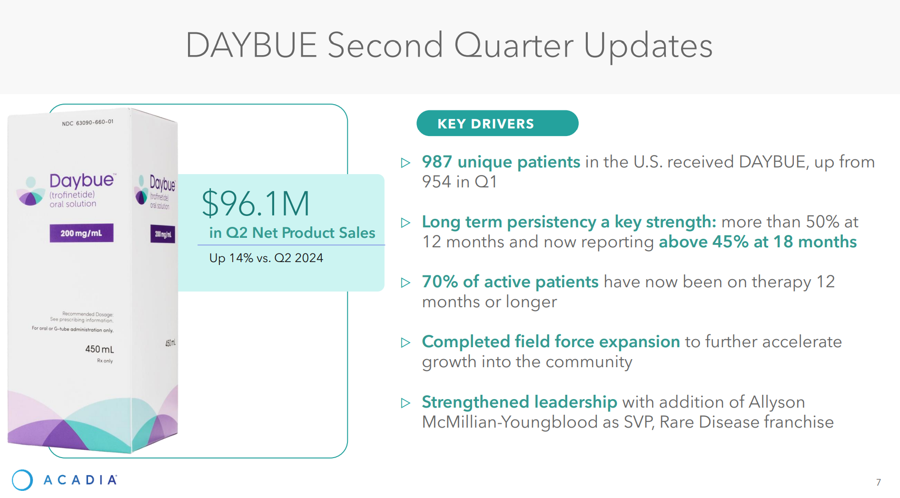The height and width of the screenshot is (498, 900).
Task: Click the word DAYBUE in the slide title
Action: [x=251, y=45]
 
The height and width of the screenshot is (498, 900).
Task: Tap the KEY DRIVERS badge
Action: [x=497, y=123]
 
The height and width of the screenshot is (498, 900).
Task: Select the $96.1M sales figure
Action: [x=256, y=204]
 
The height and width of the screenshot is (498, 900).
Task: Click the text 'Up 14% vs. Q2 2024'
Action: [x=266, y=258]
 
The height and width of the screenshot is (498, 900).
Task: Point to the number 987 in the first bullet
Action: [x=436, y=162]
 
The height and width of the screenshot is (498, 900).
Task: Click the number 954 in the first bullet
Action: [x=436, y=182]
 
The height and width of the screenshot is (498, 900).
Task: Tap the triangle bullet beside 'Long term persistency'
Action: [x=405, y=223]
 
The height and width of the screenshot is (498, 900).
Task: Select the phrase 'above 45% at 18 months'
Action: [x=758, y=242]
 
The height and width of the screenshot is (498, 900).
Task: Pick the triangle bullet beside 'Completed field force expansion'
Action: [x=405, y=342]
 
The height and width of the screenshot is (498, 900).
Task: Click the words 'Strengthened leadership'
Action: [x=519, y=402]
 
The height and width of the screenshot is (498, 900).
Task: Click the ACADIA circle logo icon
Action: [x=22, y=480]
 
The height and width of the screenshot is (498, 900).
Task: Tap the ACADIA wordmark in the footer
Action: [x=80, y=480]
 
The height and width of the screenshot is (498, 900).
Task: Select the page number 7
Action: [x=878, y=482]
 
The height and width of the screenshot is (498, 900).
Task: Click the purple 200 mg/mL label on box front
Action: [x=81, y=233]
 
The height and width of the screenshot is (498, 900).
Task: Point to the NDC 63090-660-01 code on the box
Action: [x=88, y=123]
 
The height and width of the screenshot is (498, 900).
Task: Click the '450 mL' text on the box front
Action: [x=99, y=349]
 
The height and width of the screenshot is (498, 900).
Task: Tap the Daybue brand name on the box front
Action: [x=82, y=181]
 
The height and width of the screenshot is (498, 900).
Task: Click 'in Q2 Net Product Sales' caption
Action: [x=292, y=233]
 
